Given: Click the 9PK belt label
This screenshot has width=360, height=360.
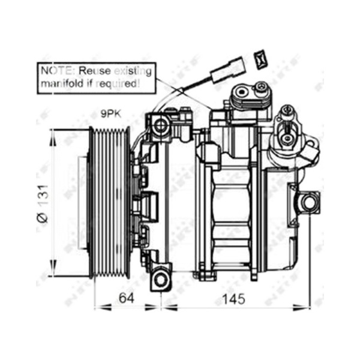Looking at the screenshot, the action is tap(111, 113).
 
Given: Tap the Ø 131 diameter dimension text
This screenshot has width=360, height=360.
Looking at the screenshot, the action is tap(43, 203).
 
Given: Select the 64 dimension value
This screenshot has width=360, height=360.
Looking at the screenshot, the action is tap(126, 298).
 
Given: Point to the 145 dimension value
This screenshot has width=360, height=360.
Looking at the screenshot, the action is tap(234, 299).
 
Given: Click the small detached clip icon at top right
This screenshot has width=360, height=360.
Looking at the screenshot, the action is tap(260, 59).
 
